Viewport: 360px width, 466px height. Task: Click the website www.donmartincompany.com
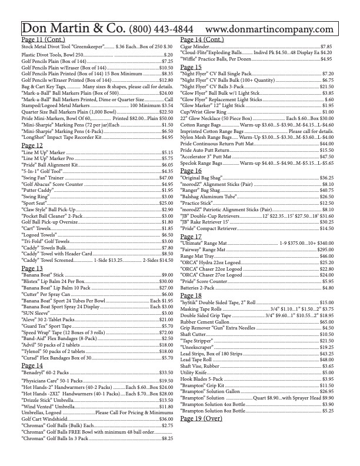(x=269, y=29)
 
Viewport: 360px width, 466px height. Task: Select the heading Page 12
(x=32, y=145)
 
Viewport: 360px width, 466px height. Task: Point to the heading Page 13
(x=32, y=268)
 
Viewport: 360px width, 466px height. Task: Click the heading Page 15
(x=191, y=67)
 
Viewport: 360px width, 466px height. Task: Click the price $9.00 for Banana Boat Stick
(x=167, y=275)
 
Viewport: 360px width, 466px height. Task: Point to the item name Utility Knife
(x=194, y=373)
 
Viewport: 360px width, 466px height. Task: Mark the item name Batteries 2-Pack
(x=198, y=288)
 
